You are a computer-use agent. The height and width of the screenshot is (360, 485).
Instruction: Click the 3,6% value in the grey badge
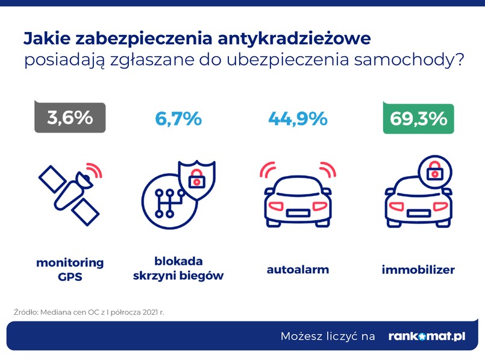coord(70,118)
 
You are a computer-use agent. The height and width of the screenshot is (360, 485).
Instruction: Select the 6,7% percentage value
coord(178,119)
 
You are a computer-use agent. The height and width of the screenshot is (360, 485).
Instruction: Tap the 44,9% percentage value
coord(298,119)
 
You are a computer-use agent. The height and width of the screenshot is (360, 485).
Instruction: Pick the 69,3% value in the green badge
coord(418,119)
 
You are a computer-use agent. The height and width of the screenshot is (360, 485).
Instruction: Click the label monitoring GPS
coord(70,270)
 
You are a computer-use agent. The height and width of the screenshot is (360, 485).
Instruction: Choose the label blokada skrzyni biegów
coord(179,269)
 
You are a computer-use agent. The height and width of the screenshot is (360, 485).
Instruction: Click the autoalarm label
coord(298,270)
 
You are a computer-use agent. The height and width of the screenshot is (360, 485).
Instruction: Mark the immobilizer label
coord(418,270)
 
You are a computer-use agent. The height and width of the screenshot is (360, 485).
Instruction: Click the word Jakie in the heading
coord(45,39)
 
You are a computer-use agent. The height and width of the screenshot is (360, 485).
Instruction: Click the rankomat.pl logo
coord(427,336)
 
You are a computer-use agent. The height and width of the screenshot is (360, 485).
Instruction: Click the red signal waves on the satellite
coord(95,169)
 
